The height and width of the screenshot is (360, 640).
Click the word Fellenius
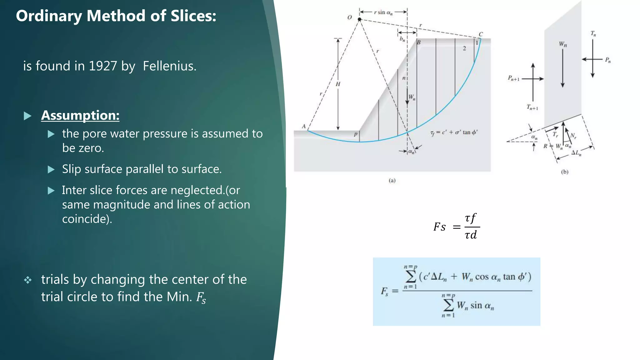pos(169,66)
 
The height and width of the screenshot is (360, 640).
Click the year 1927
pos(102,66)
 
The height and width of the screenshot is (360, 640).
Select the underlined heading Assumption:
pos(80,115)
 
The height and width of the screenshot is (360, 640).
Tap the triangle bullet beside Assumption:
pos(28,116)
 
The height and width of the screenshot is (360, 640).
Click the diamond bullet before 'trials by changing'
pos(28,280)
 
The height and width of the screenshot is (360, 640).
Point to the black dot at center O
pos(359,19)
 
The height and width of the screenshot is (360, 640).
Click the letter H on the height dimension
pos(338,84)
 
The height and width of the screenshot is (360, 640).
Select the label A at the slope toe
pos(303,127)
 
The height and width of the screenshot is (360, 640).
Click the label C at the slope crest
pos(481,34)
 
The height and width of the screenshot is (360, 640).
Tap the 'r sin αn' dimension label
pos(383,12)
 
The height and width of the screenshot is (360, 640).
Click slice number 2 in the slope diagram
pos(464,48)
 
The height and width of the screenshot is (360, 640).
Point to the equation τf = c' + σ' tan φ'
pos(454,132)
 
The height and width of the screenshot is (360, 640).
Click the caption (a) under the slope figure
pos(392,180)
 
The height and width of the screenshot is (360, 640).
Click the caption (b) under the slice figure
pos(564,172)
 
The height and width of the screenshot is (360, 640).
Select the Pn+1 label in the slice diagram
pos(513,78)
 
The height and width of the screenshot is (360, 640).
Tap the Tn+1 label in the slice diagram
pos(532,107)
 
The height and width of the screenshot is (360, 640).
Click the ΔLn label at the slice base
pos(576,152)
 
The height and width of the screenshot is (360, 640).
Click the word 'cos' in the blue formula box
pos(482,277)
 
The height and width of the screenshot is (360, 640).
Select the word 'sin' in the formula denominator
pos(476,305)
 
